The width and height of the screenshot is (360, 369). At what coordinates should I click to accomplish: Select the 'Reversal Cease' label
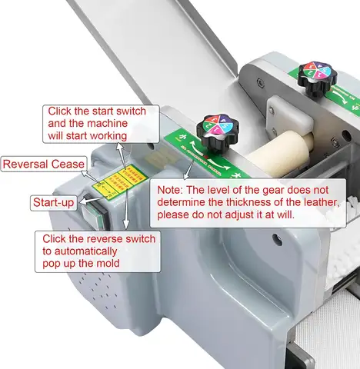pyautogui.click(x=44, y=164)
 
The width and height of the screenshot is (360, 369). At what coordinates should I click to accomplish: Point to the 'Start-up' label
pyautogui.click(x=53, y=203)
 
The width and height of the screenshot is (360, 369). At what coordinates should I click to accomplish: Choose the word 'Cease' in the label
pyautogui.click(x=68, y=164)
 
